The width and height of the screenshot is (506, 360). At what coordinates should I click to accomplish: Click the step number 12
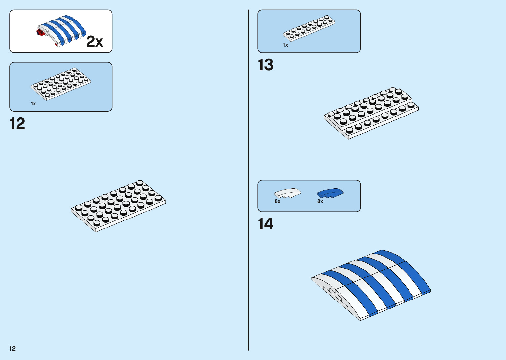(17, 124)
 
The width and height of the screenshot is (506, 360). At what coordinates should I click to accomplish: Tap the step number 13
(265, 65)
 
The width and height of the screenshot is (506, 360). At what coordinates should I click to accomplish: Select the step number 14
(265, 224)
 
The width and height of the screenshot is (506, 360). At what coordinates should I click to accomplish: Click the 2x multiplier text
(95, 42)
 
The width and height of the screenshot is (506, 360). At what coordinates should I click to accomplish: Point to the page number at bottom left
(13, 348)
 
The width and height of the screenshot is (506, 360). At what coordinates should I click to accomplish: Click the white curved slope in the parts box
(288, 193)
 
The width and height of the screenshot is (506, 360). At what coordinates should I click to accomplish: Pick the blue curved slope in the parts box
(330, 193)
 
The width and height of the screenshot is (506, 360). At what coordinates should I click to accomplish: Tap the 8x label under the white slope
(277, 201)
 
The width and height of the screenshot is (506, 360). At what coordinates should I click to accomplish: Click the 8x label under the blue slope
(320, 201)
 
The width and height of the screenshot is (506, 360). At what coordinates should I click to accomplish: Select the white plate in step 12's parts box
(61, 83)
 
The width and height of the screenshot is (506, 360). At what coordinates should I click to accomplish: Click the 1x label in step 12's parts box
(33, 104)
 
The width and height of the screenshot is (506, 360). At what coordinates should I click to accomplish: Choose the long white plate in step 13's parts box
(309, 28)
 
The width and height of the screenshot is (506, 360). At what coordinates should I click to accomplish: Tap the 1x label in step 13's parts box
(285, 45)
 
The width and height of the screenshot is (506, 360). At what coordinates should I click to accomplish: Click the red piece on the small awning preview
(40, 32)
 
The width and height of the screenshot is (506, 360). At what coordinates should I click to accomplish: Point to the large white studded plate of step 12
(118, 206)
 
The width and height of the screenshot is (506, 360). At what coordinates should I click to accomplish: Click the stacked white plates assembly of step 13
(371, 112)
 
